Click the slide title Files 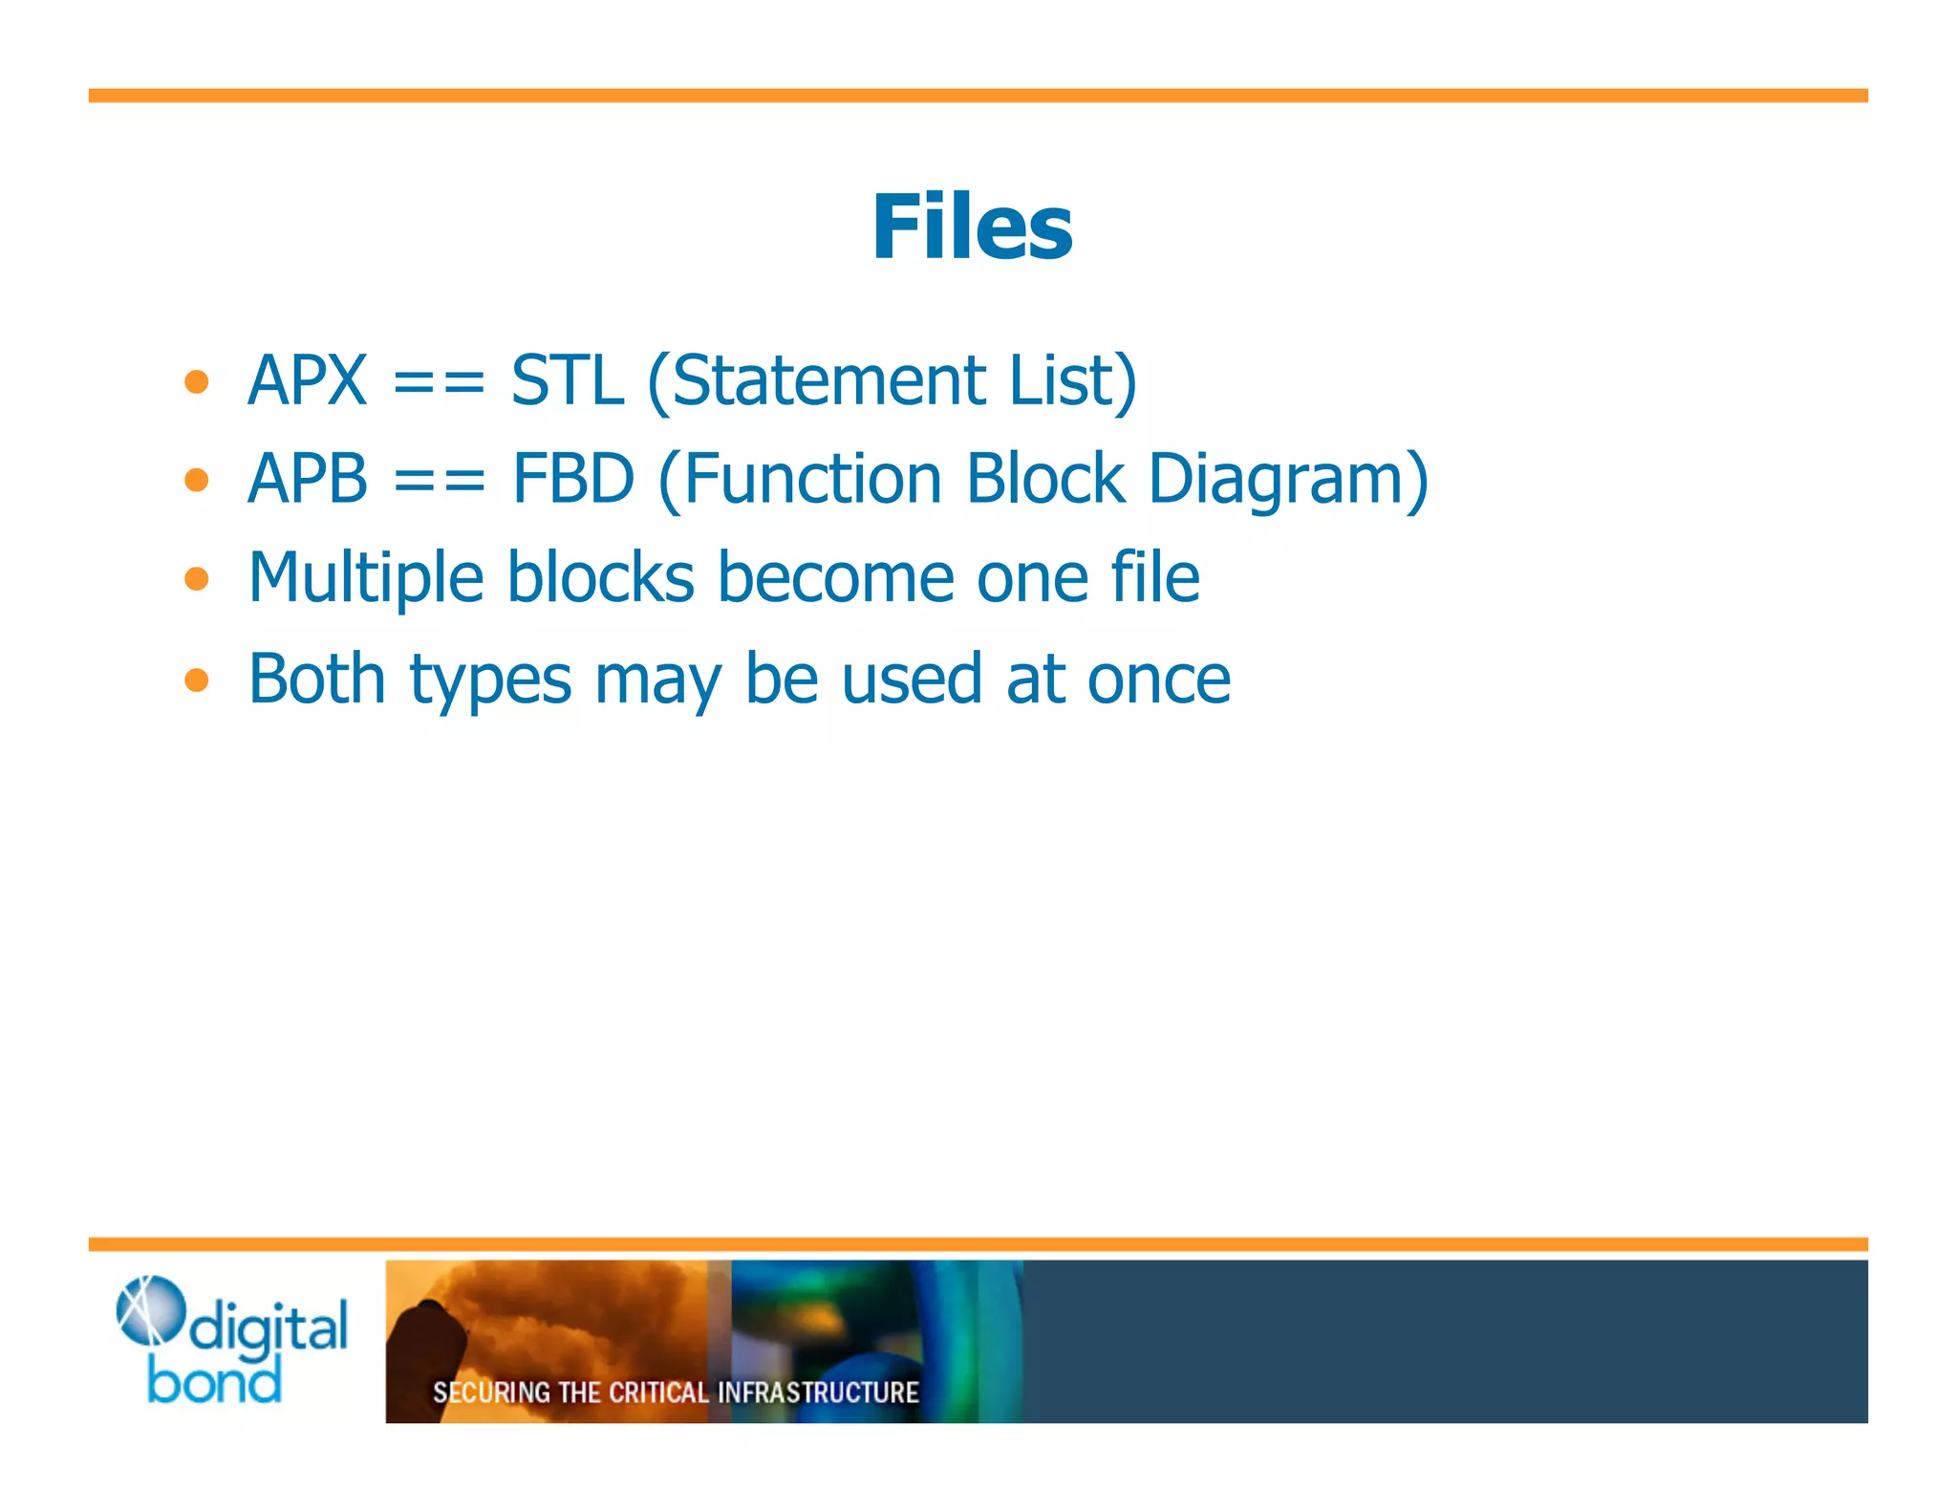coord(972,227)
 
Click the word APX coord(307,380)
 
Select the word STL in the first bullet coord(568,380)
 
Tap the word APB coord(307,479)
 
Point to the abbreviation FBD coord(573,479)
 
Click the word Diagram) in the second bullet coord(1287,481)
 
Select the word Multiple coord(366,579)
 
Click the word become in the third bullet coord(836,579)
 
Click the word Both coord(316,679)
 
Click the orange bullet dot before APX coord(197,382)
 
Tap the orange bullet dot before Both coord(197,680)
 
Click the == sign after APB coord(439,481)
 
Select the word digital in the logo coord(269,1328)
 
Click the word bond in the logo coord(215,1382)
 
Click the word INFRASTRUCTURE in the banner coord(818,1393)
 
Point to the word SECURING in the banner coord(491,1393)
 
